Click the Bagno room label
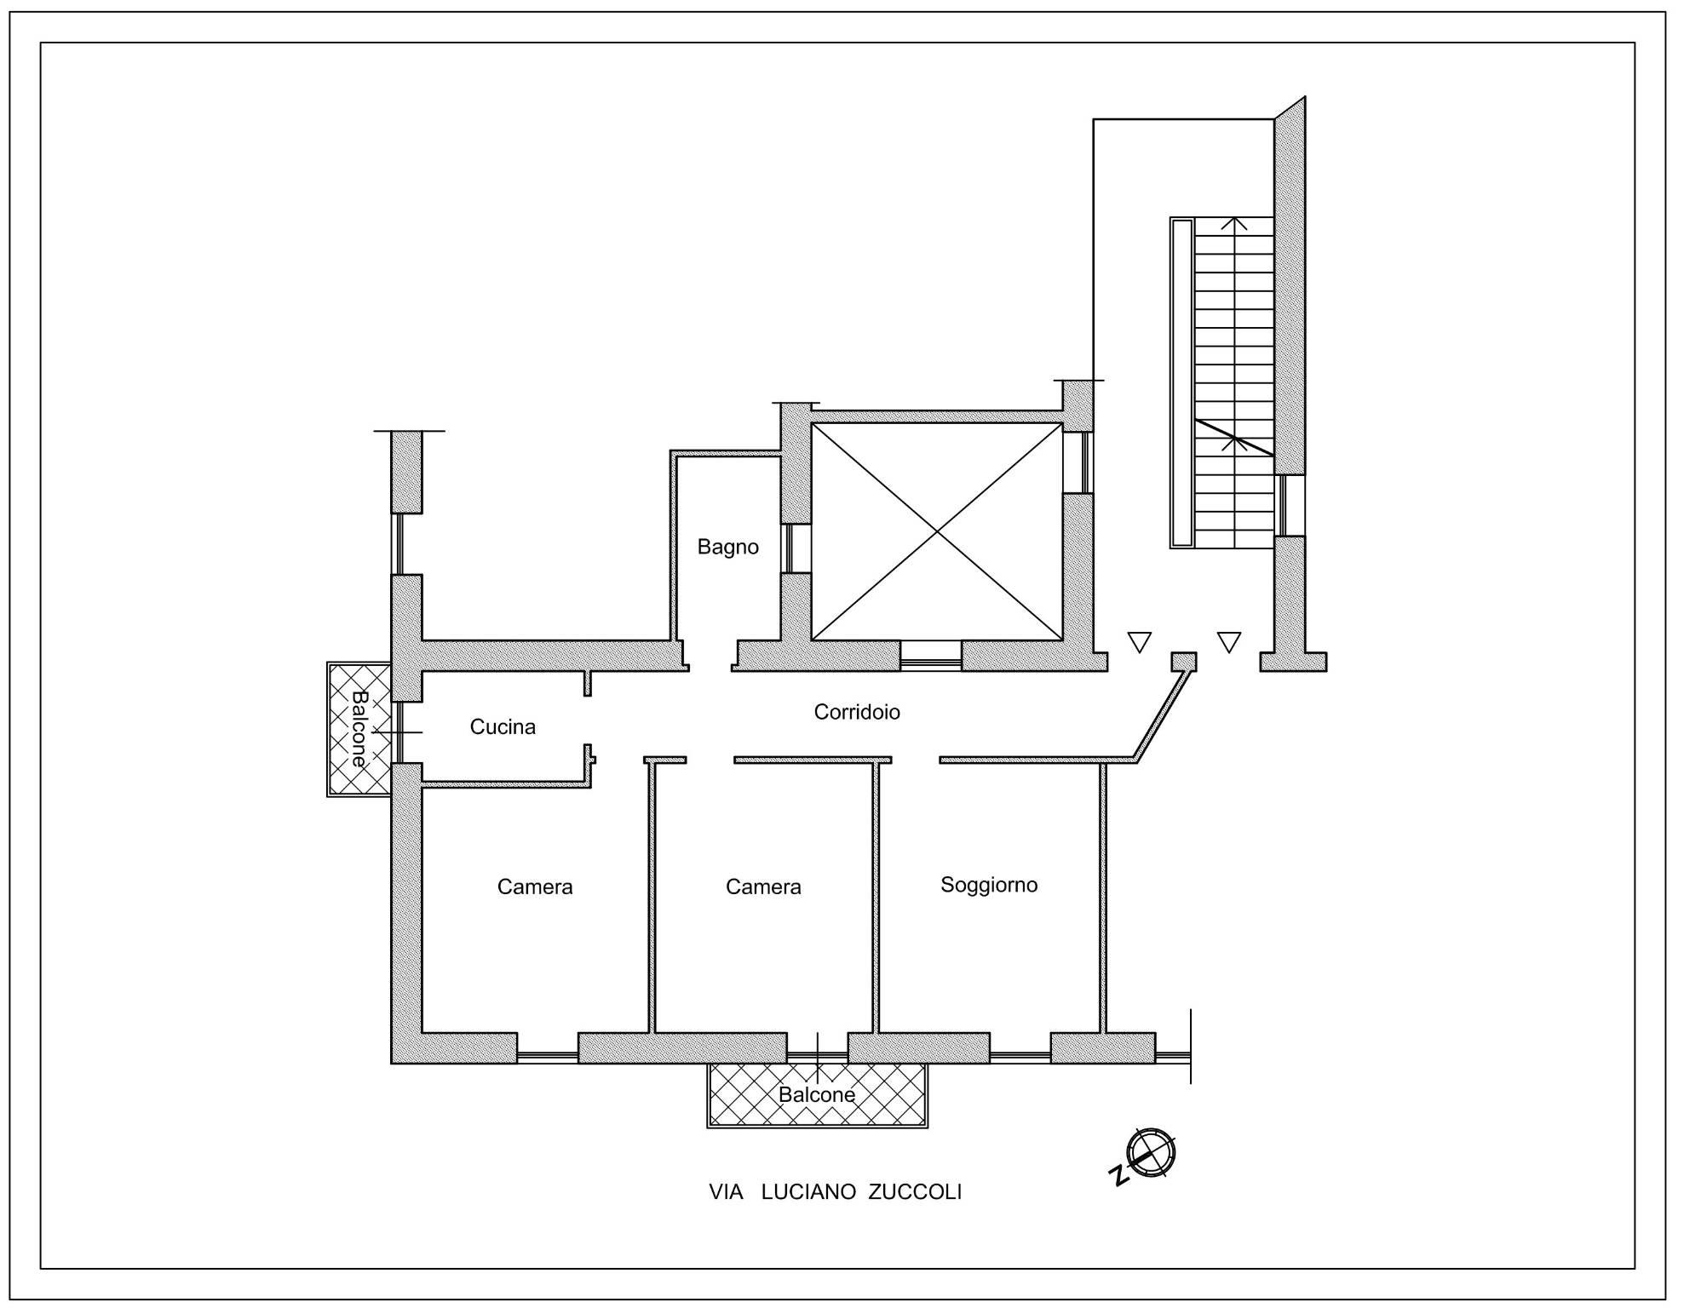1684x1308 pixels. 727,547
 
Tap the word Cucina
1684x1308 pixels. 503,726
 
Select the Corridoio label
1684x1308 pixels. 857,712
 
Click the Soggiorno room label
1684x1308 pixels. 989,885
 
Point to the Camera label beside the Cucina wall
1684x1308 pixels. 535,886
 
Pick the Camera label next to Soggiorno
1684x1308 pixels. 763,886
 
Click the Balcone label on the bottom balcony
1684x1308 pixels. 817,1094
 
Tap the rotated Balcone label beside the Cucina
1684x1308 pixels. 359,729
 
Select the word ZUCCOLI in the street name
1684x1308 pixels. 915,1192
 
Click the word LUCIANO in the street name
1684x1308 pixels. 808,1192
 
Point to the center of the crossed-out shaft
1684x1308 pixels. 937,531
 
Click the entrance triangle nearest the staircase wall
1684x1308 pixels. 1228,642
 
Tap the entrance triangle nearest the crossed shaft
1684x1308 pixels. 1139,642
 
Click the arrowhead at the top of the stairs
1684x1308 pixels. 1234,224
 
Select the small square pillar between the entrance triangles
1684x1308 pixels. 1183,662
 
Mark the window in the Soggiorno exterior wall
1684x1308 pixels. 1020,1057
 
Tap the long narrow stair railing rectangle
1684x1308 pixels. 1182,382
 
